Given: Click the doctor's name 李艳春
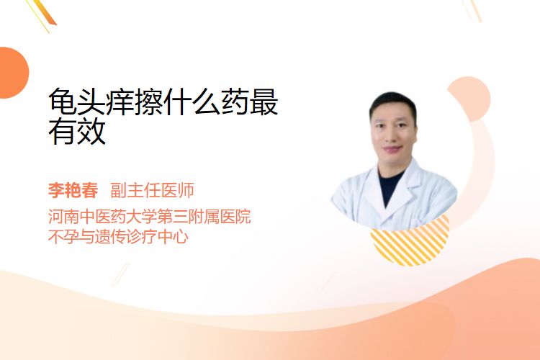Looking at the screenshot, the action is [x=73, y=190].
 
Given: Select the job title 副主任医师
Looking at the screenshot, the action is [x=152, y=190].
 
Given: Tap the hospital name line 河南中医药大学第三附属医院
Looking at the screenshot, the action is [x=150, y=216].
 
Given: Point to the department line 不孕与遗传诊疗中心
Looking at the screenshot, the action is [x=118, y=237].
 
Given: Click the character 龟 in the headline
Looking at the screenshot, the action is [x=63, y=102].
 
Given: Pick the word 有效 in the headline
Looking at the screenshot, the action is [x=77, y=131].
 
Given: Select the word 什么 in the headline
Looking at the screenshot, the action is [x=192, y=102].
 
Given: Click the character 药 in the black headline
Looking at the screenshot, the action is [x=235, y=102].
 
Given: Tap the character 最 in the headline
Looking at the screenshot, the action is [x=264, y=102].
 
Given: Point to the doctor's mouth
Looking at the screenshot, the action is [x=392, y=150].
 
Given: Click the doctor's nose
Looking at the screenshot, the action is [x=392, y=136].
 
